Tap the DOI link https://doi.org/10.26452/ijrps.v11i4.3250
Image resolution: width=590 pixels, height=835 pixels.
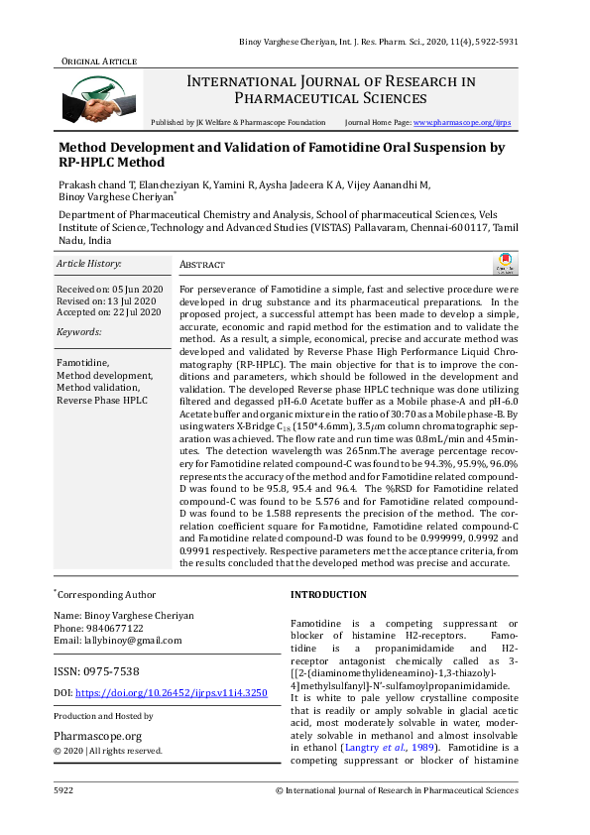172,692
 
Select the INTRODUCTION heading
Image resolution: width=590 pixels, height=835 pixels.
328,595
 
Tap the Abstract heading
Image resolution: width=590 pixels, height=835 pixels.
202,266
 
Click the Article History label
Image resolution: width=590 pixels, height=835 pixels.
89,264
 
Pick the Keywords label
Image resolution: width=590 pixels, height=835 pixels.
79,332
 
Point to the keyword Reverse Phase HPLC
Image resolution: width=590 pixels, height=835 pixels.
102,401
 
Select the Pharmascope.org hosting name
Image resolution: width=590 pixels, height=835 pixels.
98,736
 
